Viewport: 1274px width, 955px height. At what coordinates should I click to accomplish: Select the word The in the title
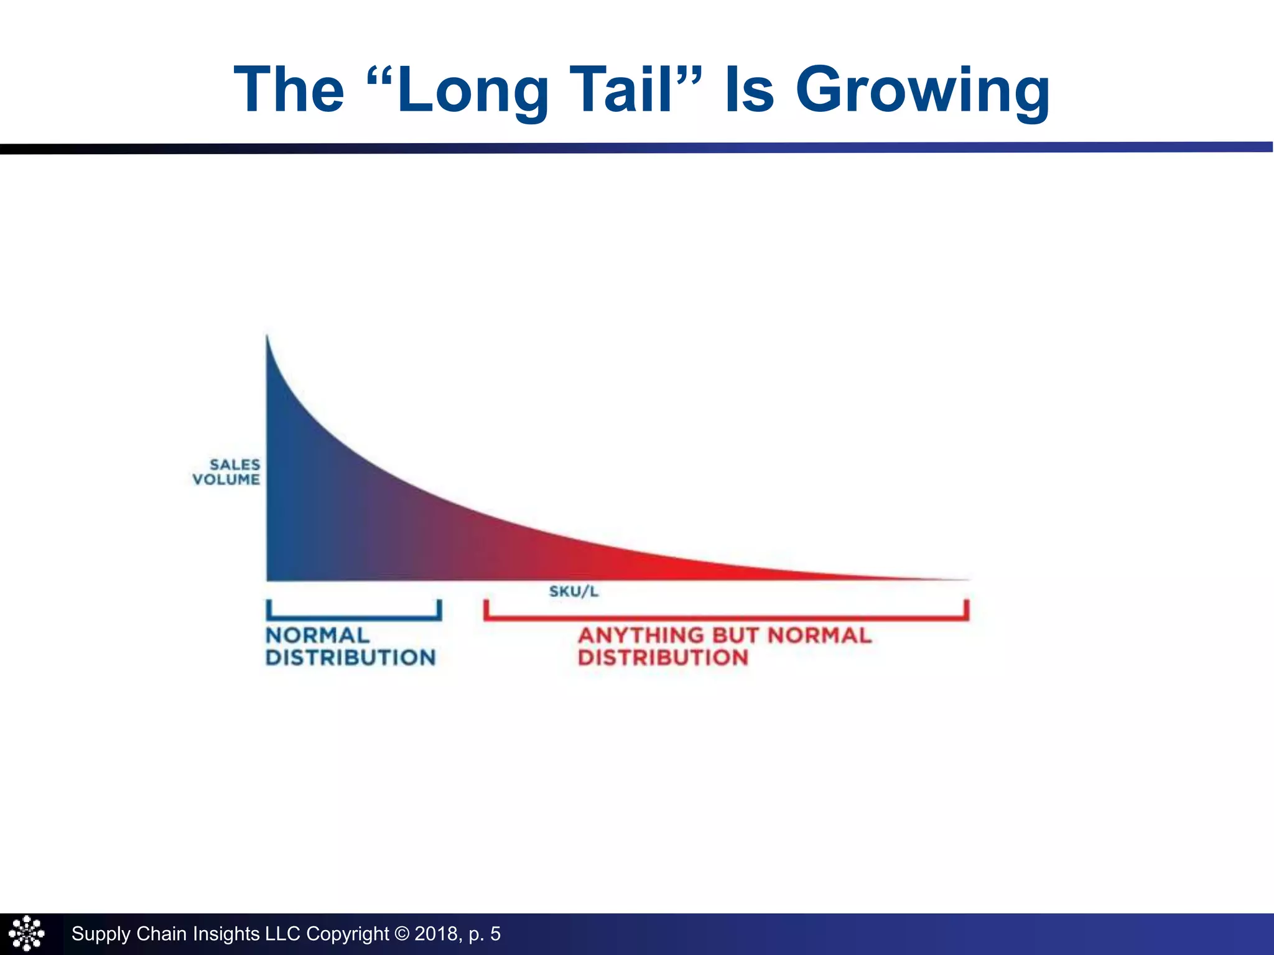(289, 90)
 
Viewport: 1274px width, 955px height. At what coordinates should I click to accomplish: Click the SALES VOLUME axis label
(227, 472)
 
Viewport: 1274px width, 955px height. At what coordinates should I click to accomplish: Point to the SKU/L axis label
(574, 591)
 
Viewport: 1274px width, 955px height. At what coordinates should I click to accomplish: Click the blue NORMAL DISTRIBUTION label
(350, 647)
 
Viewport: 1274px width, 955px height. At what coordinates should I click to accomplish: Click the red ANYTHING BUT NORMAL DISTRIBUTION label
(725, 647)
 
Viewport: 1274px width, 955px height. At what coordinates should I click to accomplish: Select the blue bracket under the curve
(354, 617)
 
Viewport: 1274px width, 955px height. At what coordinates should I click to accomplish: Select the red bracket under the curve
(726, 617)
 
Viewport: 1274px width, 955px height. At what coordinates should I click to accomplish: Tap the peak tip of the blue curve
(267, 339)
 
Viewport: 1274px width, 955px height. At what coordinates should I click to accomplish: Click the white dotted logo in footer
(27, 934)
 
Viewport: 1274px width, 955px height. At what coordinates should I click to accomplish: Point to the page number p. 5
(485, 934)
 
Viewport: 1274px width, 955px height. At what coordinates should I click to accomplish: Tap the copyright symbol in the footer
(402, 934)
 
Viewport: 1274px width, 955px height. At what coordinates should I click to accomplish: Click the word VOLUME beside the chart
(226, 479)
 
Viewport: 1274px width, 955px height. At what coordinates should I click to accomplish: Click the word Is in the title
(749, 90)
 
